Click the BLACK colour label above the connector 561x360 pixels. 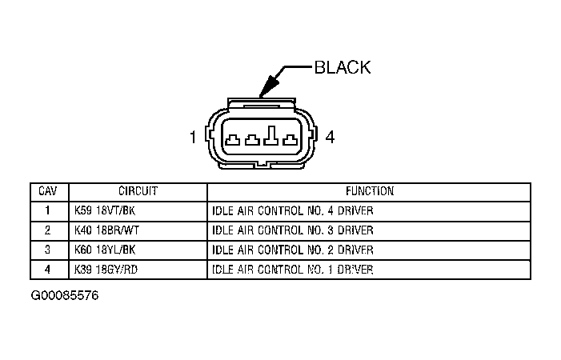coord(343,67)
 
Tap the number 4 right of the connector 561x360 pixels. coord(330,138)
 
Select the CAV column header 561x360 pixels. coord(47,192)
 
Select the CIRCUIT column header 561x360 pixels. coord(138,192)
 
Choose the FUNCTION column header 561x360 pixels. coord(369,192)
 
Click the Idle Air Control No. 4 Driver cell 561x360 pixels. coord(293,212)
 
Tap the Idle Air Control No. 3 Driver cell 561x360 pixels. coord(293,231)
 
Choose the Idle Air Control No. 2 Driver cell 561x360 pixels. coord(293,250)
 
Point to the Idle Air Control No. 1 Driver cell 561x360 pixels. coord(293,270)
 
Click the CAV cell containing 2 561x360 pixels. coord(47,231)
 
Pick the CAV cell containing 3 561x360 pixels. coord(47,250)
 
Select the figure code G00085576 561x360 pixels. coord(66,295)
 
